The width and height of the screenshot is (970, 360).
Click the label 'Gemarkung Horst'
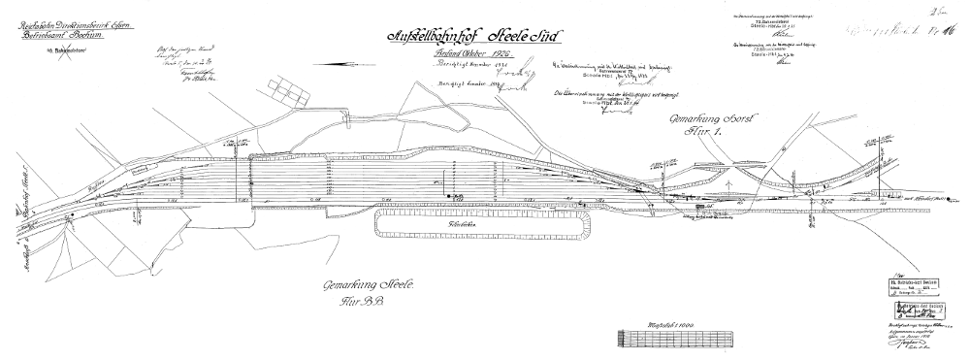click(703, 117)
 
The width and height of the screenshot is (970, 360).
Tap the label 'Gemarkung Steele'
click(370, 286)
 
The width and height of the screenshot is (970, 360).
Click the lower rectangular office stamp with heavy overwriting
click(918, 311)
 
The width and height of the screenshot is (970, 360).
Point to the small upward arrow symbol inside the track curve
click(727, 180)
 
